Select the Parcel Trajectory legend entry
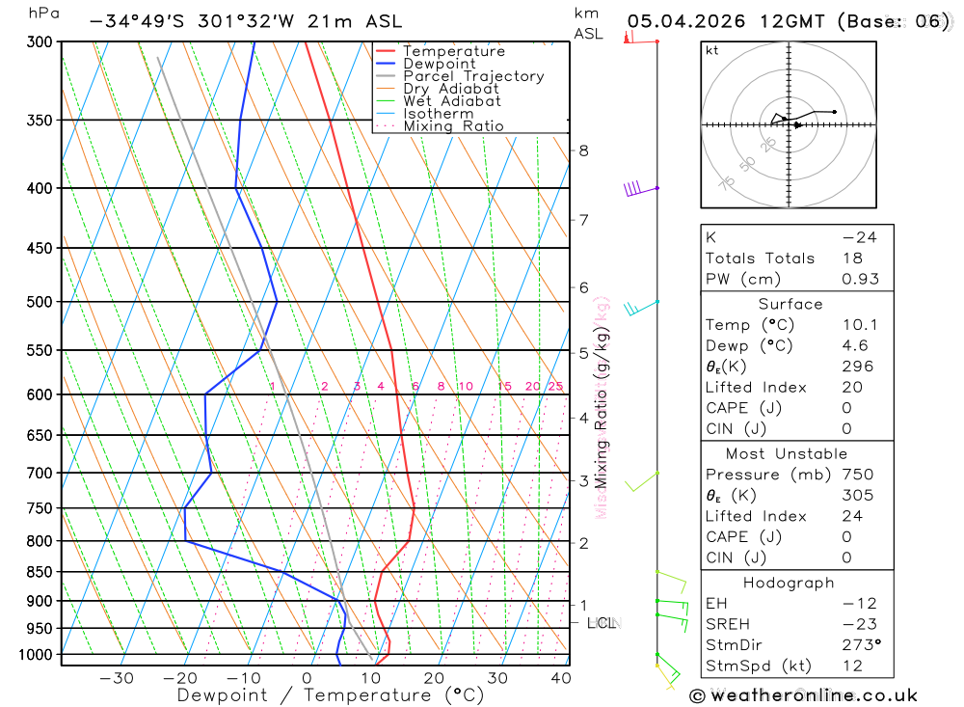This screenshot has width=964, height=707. point(473,76)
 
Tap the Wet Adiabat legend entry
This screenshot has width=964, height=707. point(451,101)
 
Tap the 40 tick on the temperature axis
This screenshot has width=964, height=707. point(560,678)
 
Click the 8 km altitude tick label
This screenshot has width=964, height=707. point(583,150)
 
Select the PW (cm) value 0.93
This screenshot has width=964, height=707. point(860,280)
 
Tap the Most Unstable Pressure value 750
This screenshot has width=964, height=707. point(857,475)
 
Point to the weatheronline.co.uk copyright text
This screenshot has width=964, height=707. point(804,695)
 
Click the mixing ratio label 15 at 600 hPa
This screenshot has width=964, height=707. point(505,387)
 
